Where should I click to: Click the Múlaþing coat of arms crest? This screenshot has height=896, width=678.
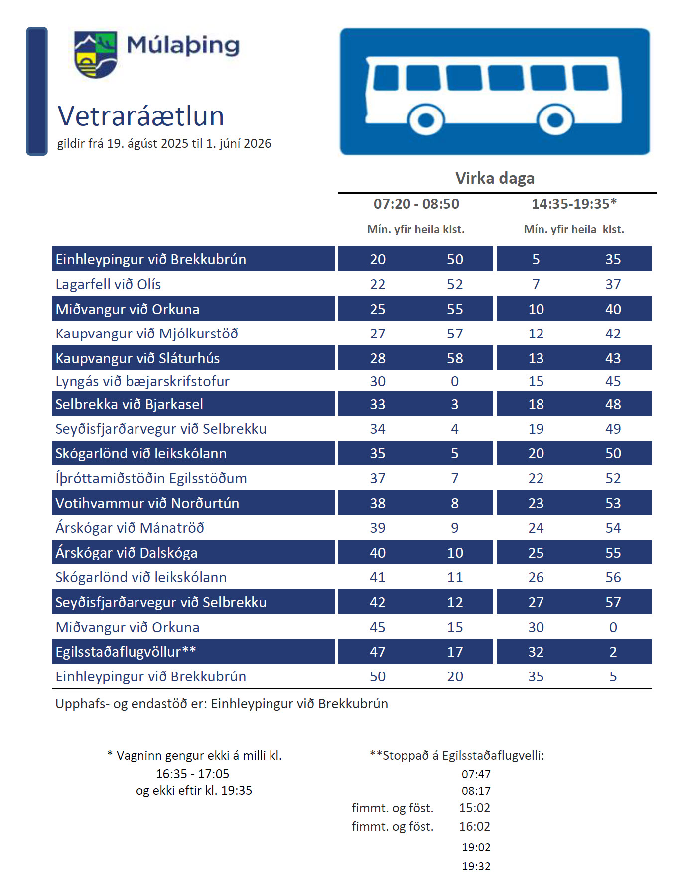click(x=95, y=54)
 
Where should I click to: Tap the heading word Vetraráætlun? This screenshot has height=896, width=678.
click(x=141, y=116)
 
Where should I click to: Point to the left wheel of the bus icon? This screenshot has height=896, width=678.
click(x=426, y=119)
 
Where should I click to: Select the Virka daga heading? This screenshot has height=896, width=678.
click(x=495, y=178)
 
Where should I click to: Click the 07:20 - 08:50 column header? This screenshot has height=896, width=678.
click(x=416, y=204)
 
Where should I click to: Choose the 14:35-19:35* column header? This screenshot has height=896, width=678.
click(x=574, y=204)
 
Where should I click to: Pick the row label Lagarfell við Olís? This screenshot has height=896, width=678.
click(x=108, y=284)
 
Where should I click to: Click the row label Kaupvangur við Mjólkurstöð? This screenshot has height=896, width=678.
click(x=146, y=334)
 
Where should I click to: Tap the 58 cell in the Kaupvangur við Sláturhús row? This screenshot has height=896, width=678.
click(x=455, y=358)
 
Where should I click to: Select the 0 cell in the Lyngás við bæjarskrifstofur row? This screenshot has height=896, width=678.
click(x=455, y=381)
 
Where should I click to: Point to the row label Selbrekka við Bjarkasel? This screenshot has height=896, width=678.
click(x=129, y=404)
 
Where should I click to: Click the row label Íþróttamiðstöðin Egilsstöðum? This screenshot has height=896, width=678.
click(x=151, y=478)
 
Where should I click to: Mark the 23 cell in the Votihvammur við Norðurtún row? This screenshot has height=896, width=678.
click(x=536, y=503)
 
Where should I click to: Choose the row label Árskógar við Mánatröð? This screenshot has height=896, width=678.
click(x=130, y=528)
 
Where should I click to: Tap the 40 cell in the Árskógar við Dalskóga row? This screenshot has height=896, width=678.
click(x=378, y=553)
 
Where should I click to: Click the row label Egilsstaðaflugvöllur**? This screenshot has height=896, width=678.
click(x=126, y=652)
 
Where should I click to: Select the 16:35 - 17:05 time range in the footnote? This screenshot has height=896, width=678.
click(x=193, y=774)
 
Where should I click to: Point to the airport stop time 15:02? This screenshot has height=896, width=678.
click(x=475, y=808)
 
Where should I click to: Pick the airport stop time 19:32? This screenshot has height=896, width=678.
click(x=476, y=866)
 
